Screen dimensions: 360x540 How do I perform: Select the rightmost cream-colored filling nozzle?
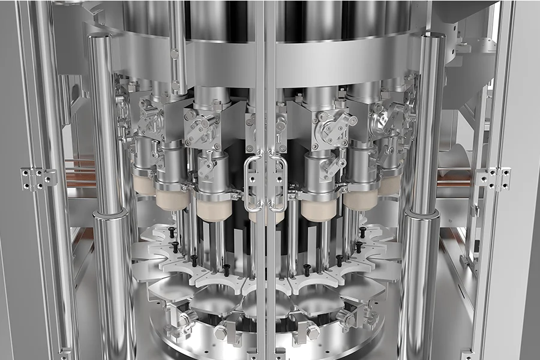coord(389,184)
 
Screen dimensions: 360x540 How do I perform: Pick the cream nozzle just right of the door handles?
coord(319,209)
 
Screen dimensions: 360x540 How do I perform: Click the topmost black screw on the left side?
coord(172,231)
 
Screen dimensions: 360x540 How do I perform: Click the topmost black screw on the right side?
coord(362,231)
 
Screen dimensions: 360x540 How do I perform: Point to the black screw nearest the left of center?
coord(226,270)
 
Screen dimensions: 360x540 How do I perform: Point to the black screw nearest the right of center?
coord(307,270)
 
